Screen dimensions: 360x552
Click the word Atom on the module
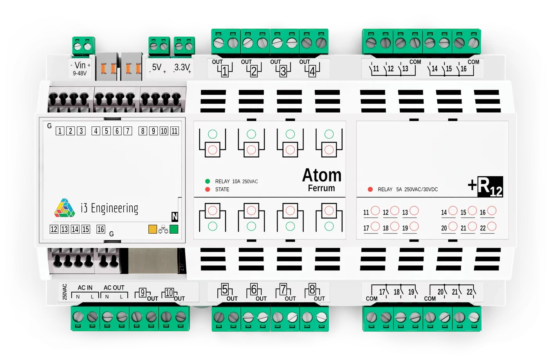click(x=321, y=175)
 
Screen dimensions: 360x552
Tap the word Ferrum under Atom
click(x=321, y=188)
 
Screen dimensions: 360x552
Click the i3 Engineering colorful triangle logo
click(x=65, y=208)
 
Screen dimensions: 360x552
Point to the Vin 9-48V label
click(x=80, y=68)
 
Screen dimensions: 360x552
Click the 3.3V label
click(x=182, y=68)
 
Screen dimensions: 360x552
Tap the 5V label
click(x=157, y=68)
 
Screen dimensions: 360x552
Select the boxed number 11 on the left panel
click(x=175, y=131)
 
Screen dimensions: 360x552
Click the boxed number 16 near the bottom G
click(x=101, y=229)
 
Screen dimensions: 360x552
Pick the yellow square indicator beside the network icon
click(x=153, y=229)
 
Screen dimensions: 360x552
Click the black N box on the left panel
click(x=175, y=217)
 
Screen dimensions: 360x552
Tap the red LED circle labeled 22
click(x=492, y=226)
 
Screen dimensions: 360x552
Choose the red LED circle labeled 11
click(x=375, y=211)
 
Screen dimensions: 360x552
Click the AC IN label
click(x=85, y=288)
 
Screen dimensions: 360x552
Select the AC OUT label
click(x=114, y=288)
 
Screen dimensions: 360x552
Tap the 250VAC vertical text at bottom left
click(x=65, y=292)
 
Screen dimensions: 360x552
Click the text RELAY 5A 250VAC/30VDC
click(x=408, y=189)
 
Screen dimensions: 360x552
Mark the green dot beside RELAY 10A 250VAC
click(x=207, y=181)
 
